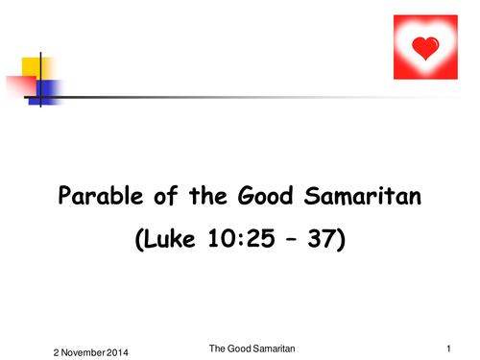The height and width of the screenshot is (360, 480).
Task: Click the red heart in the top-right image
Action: pos(424,46)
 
